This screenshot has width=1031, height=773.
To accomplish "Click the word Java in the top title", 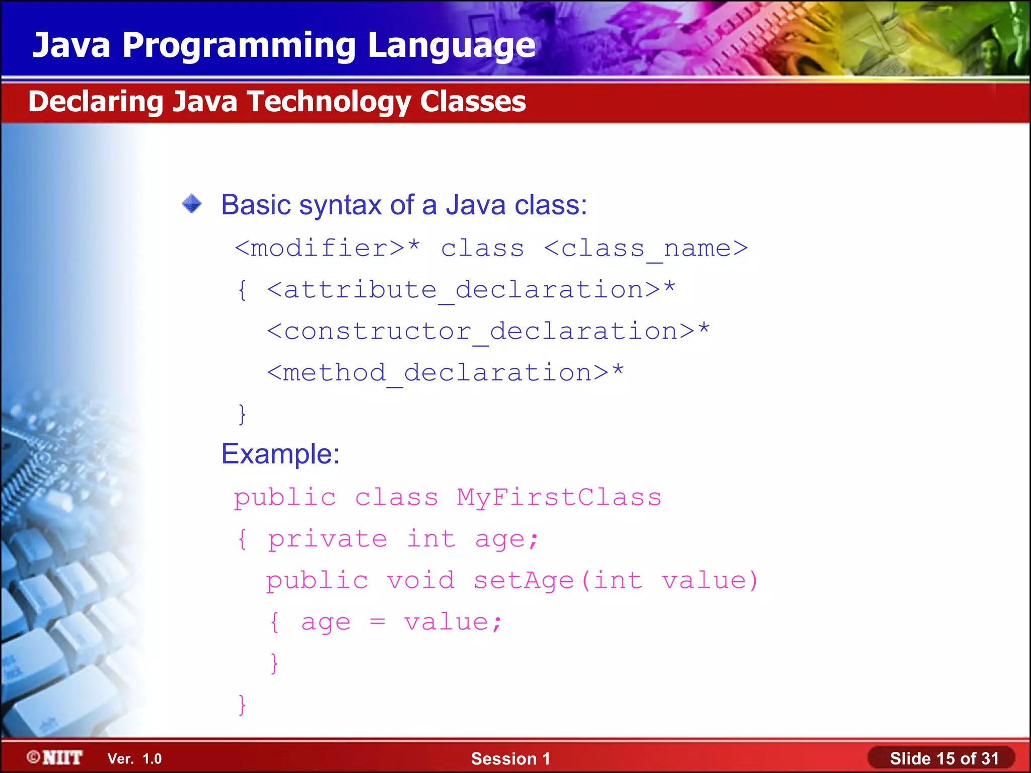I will coord(71,45).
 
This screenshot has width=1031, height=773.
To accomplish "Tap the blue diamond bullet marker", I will coord(192,204).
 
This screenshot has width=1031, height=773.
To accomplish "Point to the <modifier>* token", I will coord(327,248).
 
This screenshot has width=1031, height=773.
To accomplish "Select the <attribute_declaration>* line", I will coord(471,290).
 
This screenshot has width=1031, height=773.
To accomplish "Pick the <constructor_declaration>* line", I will coord(488,331).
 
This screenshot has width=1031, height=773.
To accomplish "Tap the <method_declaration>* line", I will coord(445,373).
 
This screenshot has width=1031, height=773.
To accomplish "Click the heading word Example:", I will coord(280,454).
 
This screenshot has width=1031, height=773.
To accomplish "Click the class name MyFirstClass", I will coord(559,497).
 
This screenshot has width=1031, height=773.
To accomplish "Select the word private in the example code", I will coord(327,539).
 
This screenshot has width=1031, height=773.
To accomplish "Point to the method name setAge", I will coord(524,581).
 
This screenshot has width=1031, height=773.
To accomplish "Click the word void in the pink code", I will coord(420,580).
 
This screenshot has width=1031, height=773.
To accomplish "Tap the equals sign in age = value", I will coord(378,623).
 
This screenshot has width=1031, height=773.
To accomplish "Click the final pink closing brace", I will coord(242,705).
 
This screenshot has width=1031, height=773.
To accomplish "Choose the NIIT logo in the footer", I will coord(55,757).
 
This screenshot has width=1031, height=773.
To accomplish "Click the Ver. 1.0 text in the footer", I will coord(134,758).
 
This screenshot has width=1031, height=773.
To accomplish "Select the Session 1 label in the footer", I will coord(510,758).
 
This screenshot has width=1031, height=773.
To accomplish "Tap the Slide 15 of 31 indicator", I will coord(943,758).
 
